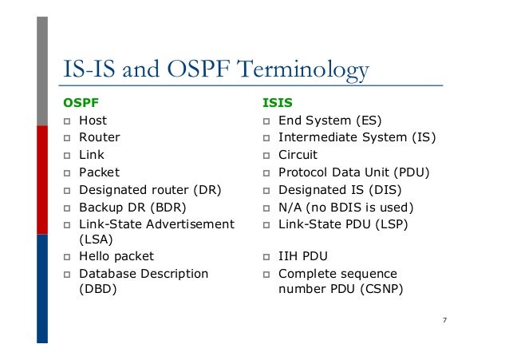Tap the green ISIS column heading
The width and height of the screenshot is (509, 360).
coord(278,102)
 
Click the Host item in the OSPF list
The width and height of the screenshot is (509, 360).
coord(93,121)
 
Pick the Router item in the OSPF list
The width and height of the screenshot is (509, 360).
coord(99,137)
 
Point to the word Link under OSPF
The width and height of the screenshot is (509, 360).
coord(91,155)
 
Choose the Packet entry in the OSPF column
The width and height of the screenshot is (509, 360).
coord(99,172)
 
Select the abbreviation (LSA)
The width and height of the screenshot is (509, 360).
coord(96,239)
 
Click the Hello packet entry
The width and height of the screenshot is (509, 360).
coord(116,256)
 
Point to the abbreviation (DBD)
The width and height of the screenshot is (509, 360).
coord(97,290)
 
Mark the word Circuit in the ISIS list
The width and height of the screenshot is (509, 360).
coord(298,155)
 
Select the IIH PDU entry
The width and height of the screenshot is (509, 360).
coord(302,256)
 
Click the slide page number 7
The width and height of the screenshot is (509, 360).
coord(444,320)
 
